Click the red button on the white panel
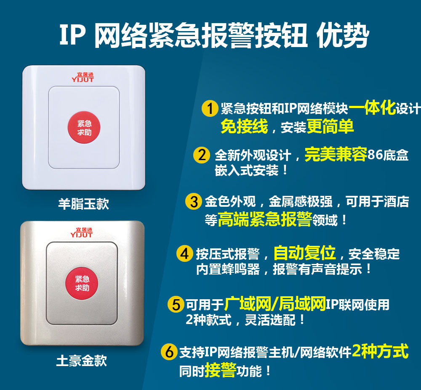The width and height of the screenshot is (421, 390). [x=84, y=128]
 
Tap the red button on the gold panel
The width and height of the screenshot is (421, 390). [x=82, y=283]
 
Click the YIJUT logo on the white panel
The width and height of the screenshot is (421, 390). [x=83, y=77]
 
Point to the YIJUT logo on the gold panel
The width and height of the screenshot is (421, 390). [x=81, y=233]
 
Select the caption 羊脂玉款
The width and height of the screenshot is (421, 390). [x=84, y=204]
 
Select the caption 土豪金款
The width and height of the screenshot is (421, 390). [x=82, y=361]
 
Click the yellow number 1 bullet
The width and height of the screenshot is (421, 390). [x=210, y=108]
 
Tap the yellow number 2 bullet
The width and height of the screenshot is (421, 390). [x=202, y=155]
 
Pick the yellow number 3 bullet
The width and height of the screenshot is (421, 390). [x=194, y=201]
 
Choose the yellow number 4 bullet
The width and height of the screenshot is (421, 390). [x=185, y=253]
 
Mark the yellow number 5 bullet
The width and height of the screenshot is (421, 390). [x=176, y=304]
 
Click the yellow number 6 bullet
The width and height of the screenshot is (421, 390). [x=169, y=351]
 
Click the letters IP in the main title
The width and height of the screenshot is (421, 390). [x=72, y=35]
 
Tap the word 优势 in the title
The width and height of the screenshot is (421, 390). [x=343, y=35]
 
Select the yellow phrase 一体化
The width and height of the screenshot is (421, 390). [x=372, y=108]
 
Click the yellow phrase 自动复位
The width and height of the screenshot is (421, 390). [x=305, y=253]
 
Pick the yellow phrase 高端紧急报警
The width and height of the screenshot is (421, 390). [x=265, y=219]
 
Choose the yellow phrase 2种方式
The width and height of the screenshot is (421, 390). [x=380, y=351]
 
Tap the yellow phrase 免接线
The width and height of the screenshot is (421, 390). [x=244, y=126]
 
